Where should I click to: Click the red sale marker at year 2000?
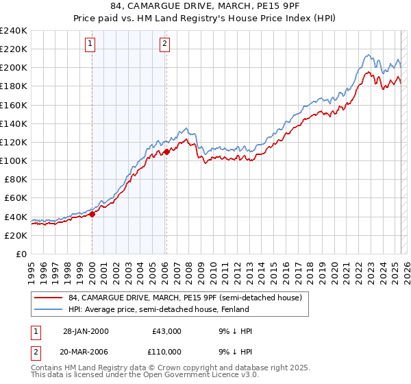click(x=92, y=214)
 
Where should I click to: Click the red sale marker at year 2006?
click(x=166, y=152)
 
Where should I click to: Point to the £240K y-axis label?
click(x=13, y=31)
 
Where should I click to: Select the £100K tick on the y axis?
click(x=13, y=160)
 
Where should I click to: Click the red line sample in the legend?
click(x=49, y=298)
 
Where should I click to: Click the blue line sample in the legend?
click(x=49, y=309)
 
